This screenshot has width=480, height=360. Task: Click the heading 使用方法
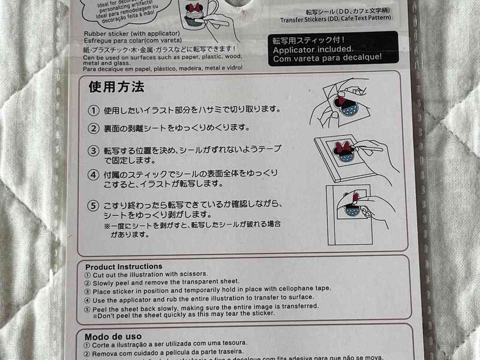click(116, 88)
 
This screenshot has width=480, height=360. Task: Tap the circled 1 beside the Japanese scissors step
click(94, 111)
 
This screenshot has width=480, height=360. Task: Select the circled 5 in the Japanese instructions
click(94, 205)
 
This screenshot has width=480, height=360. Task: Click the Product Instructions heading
click(124, 266)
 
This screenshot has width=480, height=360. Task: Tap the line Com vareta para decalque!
click(326, 57)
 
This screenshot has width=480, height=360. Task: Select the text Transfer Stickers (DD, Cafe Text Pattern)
click(339, 19)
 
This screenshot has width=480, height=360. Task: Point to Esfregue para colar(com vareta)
click(127, 41)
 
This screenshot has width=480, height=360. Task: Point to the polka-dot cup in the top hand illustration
click(346, 110)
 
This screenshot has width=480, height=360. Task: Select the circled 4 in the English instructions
click(88, 297)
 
